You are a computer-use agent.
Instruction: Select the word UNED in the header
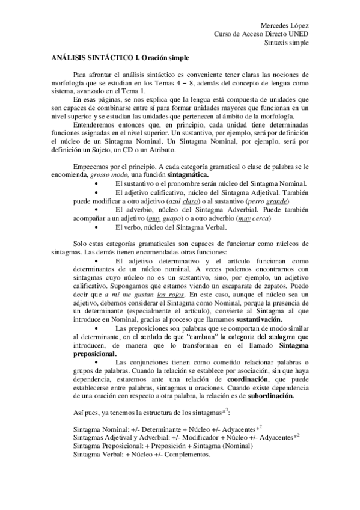[x=297, y=34]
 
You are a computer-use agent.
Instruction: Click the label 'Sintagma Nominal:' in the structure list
[x=75, y=431]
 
